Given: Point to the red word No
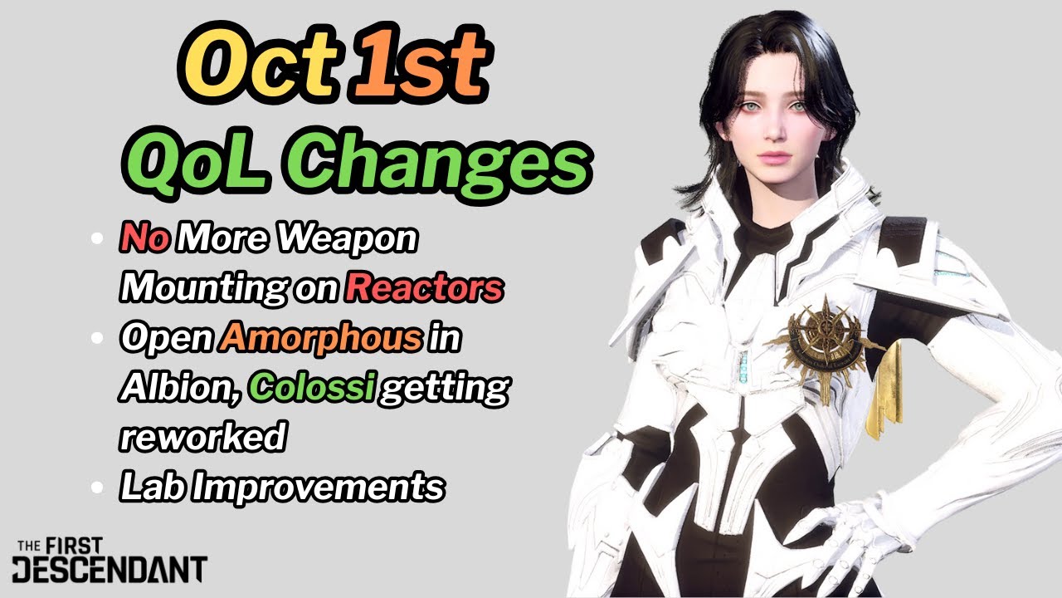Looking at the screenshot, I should (x=145, y=239).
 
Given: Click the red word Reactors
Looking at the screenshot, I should (x=424, y=287).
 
